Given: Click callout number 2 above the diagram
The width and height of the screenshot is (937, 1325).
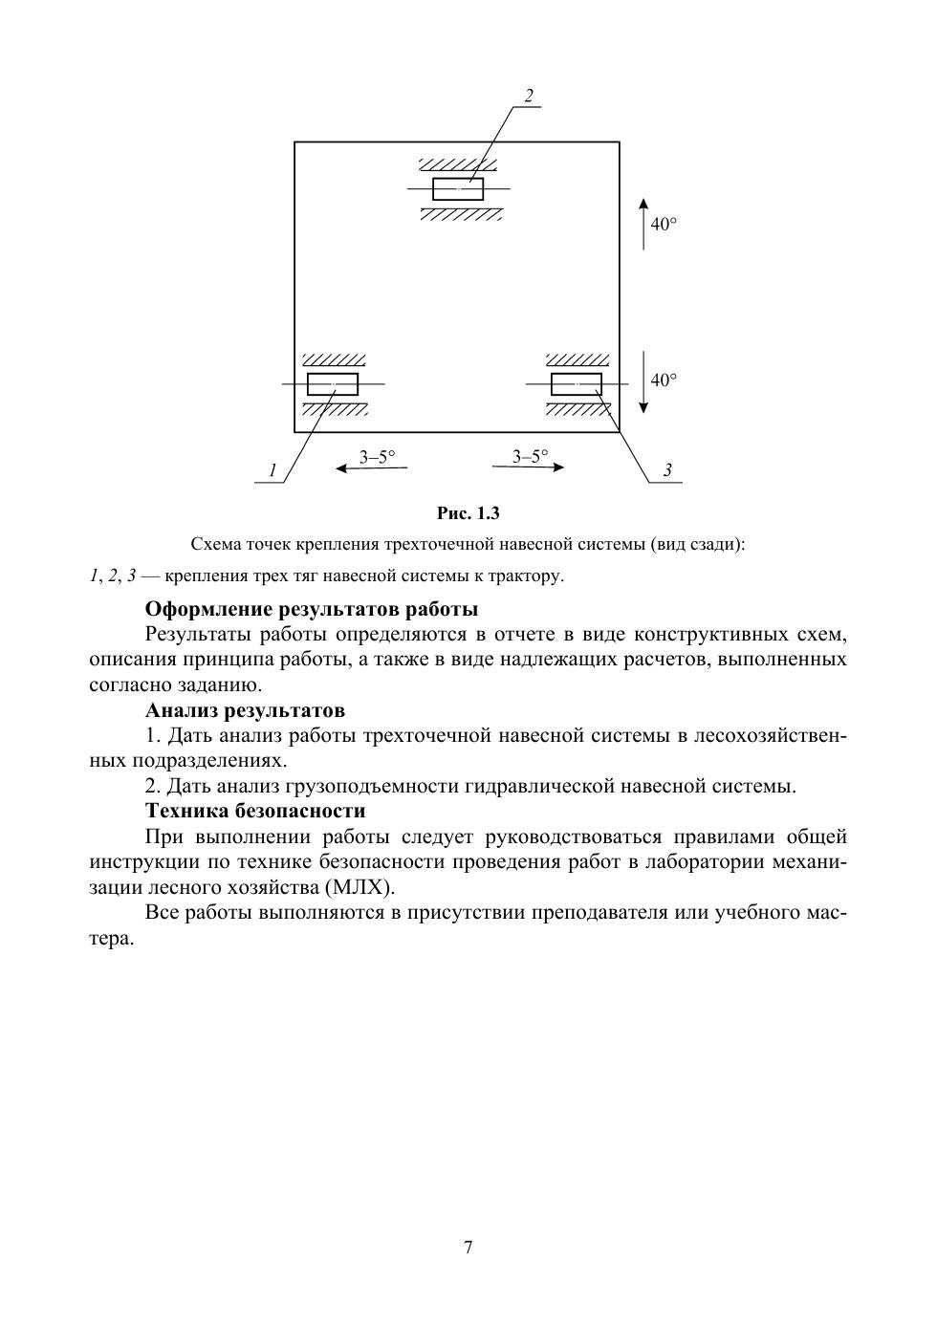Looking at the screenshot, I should [528, 96].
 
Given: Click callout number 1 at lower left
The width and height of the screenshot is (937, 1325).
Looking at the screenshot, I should [272, 470].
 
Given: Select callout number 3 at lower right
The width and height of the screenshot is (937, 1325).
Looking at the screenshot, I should [667, 470].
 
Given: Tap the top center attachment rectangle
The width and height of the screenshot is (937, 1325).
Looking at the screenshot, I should [458, 189].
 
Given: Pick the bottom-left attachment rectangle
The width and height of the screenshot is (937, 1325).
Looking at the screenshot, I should [333, 384].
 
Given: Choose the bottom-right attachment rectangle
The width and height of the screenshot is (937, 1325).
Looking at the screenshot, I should [577, 384].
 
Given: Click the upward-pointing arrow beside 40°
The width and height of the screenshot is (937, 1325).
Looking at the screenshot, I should [643, 224].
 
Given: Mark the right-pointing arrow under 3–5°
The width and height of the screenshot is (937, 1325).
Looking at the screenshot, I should [528, 467].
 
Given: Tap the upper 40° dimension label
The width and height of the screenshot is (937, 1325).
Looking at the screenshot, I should [664, 225].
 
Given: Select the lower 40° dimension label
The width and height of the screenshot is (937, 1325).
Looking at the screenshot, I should [664, 380].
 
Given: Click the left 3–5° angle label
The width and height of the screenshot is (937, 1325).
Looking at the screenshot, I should [377, 456].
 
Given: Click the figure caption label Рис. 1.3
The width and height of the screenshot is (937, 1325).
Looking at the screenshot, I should [468, 513].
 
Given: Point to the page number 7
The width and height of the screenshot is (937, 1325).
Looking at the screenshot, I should [468, 1247].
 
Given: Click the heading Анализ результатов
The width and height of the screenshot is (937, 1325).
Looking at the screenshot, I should [245, 710].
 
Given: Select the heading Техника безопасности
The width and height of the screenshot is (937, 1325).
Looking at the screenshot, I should [255, 811].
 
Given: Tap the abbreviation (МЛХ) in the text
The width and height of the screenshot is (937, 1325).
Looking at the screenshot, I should [359, 886].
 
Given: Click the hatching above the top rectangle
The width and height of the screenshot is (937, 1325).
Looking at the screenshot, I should [461, 164].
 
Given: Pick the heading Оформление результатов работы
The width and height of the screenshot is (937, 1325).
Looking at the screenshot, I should [312, 609].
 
